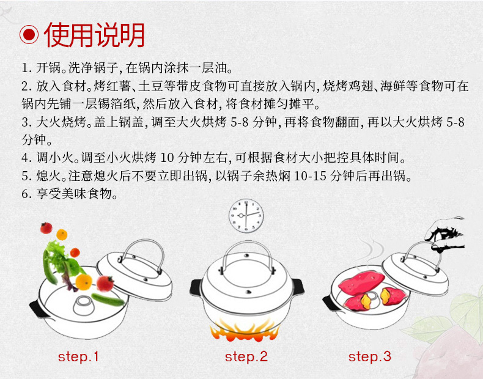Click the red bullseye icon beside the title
29,34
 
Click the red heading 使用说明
95,35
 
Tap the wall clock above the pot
246,216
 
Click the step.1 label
78,357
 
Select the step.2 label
246,357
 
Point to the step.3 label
370,357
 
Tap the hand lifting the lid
446,235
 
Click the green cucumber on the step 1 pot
108,300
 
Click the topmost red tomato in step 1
46,228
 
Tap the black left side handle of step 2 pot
196,288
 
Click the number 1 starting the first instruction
25,68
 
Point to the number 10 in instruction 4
168,158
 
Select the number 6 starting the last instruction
25,194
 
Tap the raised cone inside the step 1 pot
84,305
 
